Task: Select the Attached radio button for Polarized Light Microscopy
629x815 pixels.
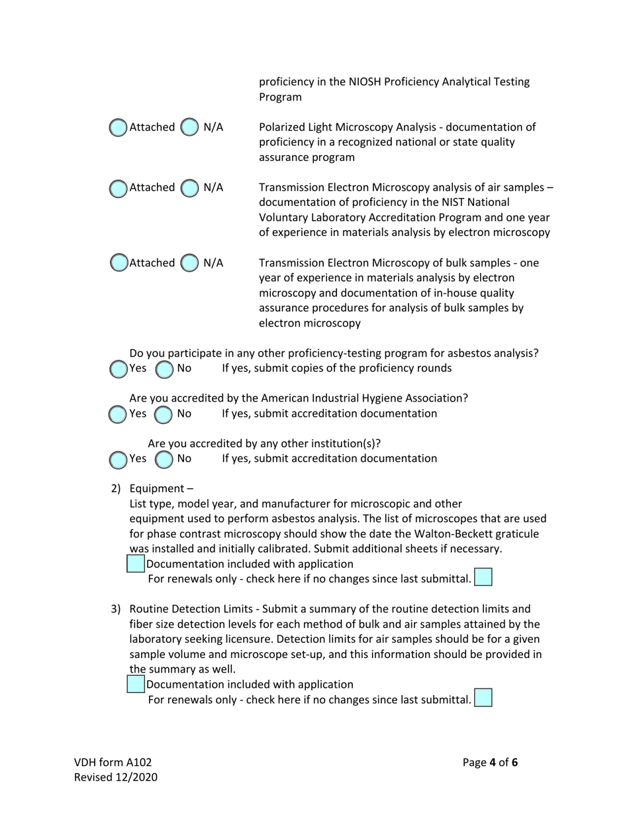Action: click(x=118, y=127)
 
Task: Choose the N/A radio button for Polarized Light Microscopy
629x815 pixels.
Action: click(x=189, y=127)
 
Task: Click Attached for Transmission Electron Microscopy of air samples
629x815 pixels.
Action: click(x=118, y=188)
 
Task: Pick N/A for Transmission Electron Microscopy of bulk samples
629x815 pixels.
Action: click(x=189, y=263)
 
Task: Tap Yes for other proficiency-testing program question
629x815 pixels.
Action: click(x=118, y=369)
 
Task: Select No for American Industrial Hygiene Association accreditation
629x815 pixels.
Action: click(x=164, y=414)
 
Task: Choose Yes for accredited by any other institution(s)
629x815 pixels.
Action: click(x=118, y=459)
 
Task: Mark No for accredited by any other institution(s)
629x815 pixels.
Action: click(x=164, y=459)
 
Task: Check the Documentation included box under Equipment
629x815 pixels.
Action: click(x=136, y=564)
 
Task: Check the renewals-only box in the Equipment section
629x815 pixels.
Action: click(x=483, y=577)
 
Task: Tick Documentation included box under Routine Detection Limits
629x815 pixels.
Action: click(x=136, y=684)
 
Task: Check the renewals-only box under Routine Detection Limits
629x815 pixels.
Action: click(x=483, y=698)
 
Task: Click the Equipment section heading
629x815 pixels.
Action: click(x=158, y=488)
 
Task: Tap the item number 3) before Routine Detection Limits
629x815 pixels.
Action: click(x=115, y=608)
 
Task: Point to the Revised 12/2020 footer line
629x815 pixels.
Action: click(x=115, y=777)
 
